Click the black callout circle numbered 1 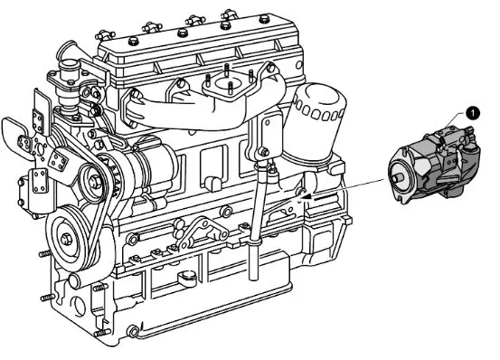coord(472,113)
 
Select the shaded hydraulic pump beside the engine coord(434,163)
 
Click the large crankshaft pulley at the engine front coord(69,239)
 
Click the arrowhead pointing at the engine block coord(307,197)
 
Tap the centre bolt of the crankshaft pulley coord(66,240)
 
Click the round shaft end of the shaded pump coord(397,176)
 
